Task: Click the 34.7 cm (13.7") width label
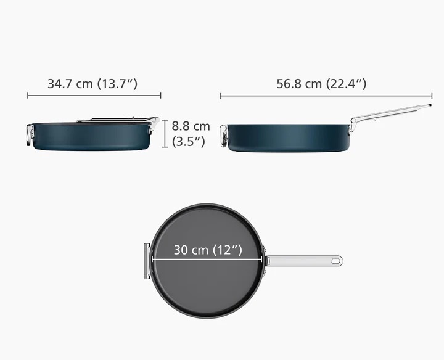point(92,84)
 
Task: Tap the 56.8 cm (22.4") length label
point(321,84)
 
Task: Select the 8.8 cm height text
point(191,126)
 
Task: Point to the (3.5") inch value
point(189,141)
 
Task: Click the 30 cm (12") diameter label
point(207,250)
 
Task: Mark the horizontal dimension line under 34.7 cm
point(94,96)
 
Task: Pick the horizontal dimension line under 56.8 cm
point(326,96)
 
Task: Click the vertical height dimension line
point(165,134)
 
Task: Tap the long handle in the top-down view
point(302,261)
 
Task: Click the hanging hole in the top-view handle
point(335,261)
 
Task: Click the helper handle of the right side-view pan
point(223,137)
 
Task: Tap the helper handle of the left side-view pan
point(30,134)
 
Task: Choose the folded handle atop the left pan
point(117,120)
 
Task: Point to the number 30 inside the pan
point(182,250)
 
